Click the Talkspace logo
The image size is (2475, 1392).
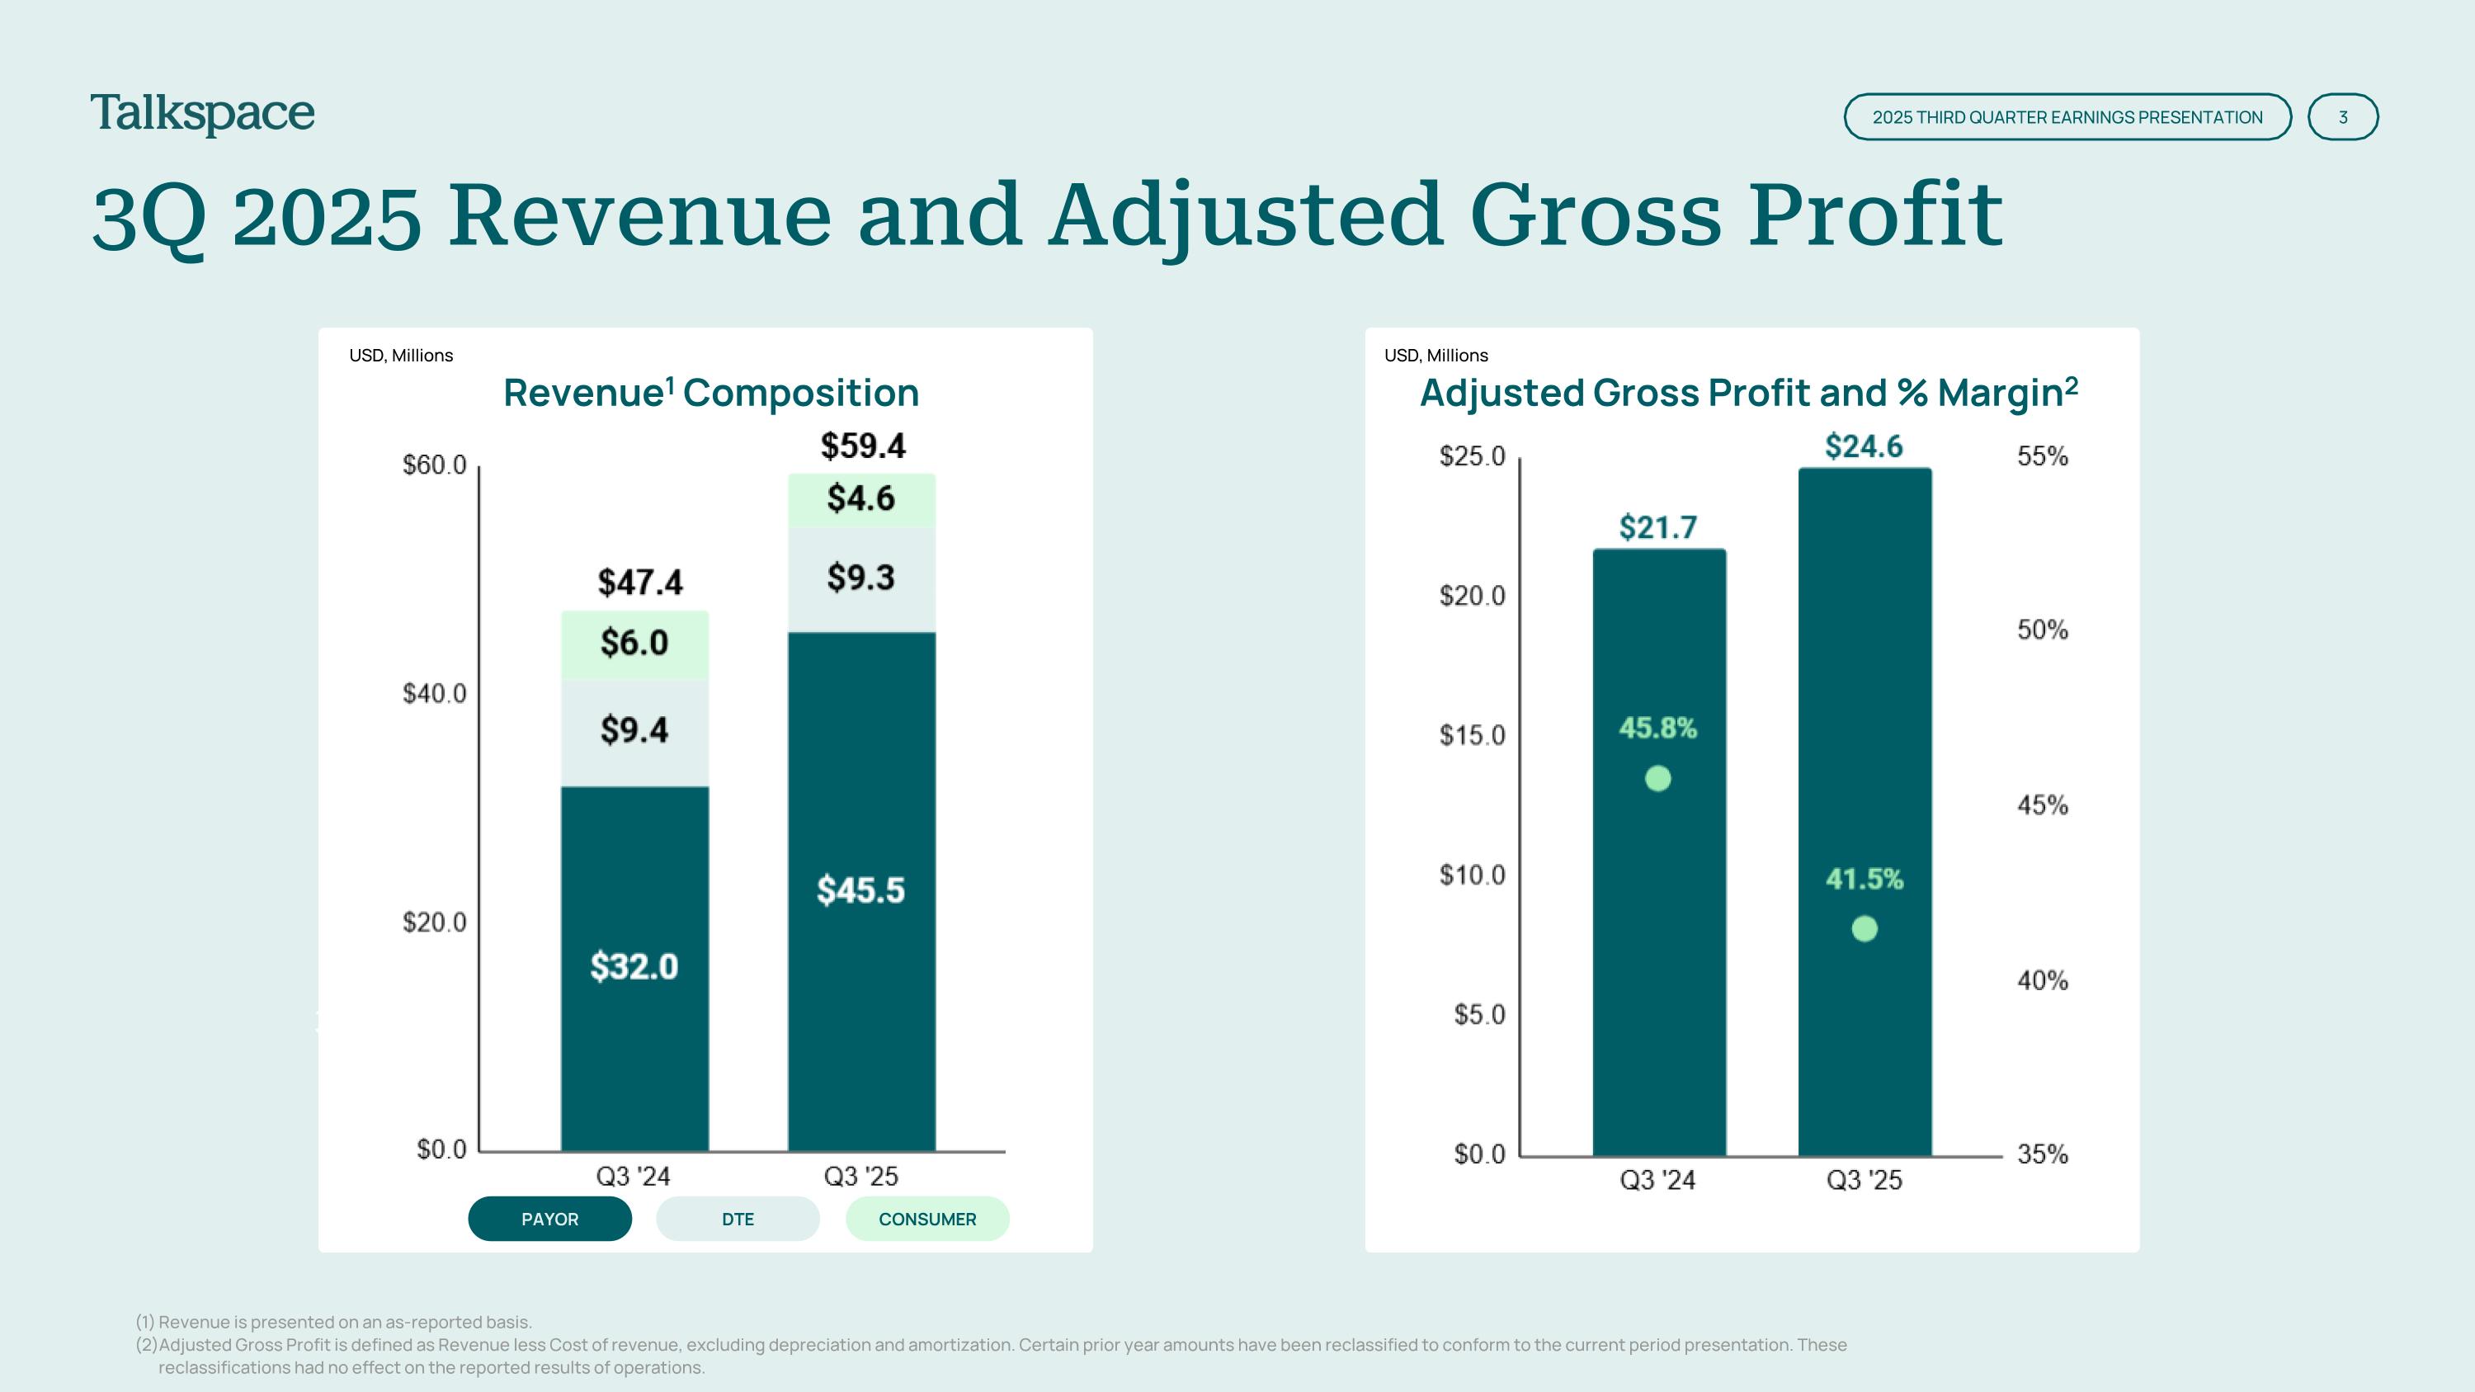click(203, 115)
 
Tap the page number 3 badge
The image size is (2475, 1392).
click(2342, 117)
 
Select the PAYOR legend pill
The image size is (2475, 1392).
click(549, 1219)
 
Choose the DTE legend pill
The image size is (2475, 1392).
click(738, 1219)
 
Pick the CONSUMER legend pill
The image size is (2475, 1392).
click(927, 1219)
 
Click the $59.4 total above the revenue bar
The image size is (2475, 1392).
click(863, 446)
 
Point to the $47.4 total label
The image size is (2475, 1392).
click(640, 583)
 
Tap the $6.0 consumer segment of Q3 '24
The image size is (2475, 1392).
click(634, 644)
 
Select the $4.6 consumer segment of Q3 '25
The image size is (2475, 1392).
click(860, 499)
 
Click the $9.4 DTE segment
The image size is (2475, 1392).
click(634, 731)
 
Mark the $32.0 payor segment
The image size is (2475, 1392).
click(634, 966)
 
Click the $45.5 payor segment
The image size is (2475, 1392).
click(860, 890)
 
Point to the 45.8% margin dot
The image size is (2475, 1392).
click(1657, 778)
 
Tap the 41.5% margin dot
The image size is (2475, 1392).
click(1864, 929)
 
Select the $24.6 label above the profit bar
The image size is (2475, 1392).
click(1864, 446)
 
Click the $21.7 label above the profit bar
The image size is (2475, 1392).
click(1658, 527)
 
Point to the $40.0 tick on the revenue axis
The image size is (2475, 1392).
click(434, 694)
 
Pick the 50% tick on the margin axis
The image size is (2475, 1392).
click(2043, 630)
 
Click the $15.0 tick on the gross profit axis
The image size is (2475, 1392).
click(1472, 736)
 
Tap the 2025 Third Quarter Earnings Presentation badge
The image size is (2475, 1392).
click(2067, 117)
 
